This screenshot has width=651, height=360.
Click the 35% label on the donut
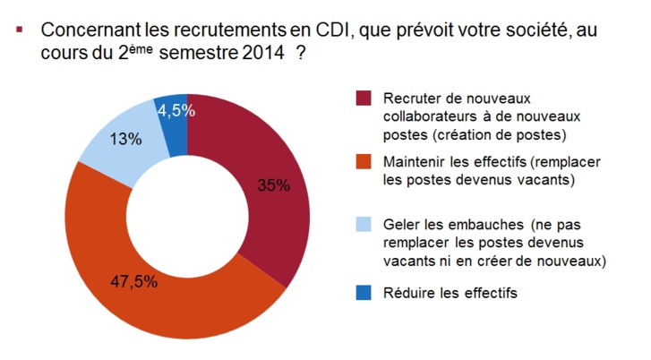pos(273,185)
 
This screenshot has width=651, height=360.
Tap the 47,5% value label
pos(135,281)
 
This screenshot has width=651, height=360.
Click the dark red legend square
pos(362,98)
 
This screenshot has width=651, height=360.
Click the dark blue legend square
pos(362,292)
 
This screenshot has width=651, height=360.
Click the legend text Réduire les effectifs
pos(450,293)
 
